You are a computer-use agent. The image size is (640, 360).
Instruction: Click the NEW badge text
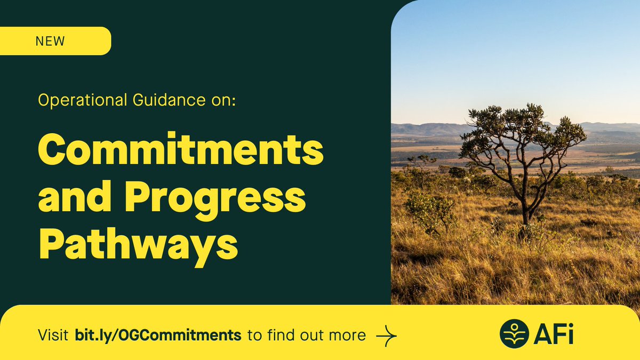tap(50, 41)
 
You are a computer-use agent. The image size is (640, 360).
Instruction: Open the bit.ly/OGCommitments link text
tap(157, 335)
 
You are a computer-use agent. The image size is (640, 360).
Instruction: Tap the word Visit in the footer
tap(53, 335)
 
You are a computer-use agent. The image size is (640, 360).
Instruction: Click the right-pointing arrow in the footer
tap(387, 335)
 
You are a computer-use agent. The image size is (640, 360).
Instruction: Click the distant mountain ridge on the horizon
tap(427, 128)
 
